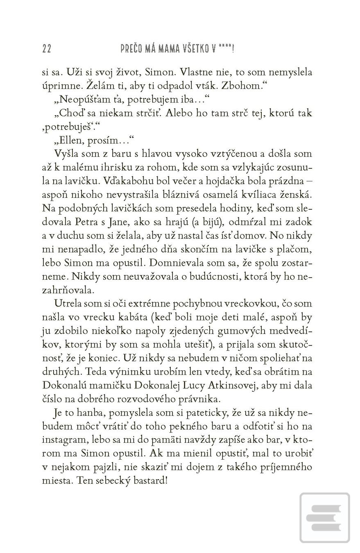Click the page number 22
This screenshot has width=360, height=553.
click(x=47, y=49)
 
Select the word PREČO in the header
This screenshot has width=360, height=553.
click(x=131, y=49)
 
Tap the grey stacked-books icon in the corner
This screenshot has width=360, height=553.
click(x=324, y=518)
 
